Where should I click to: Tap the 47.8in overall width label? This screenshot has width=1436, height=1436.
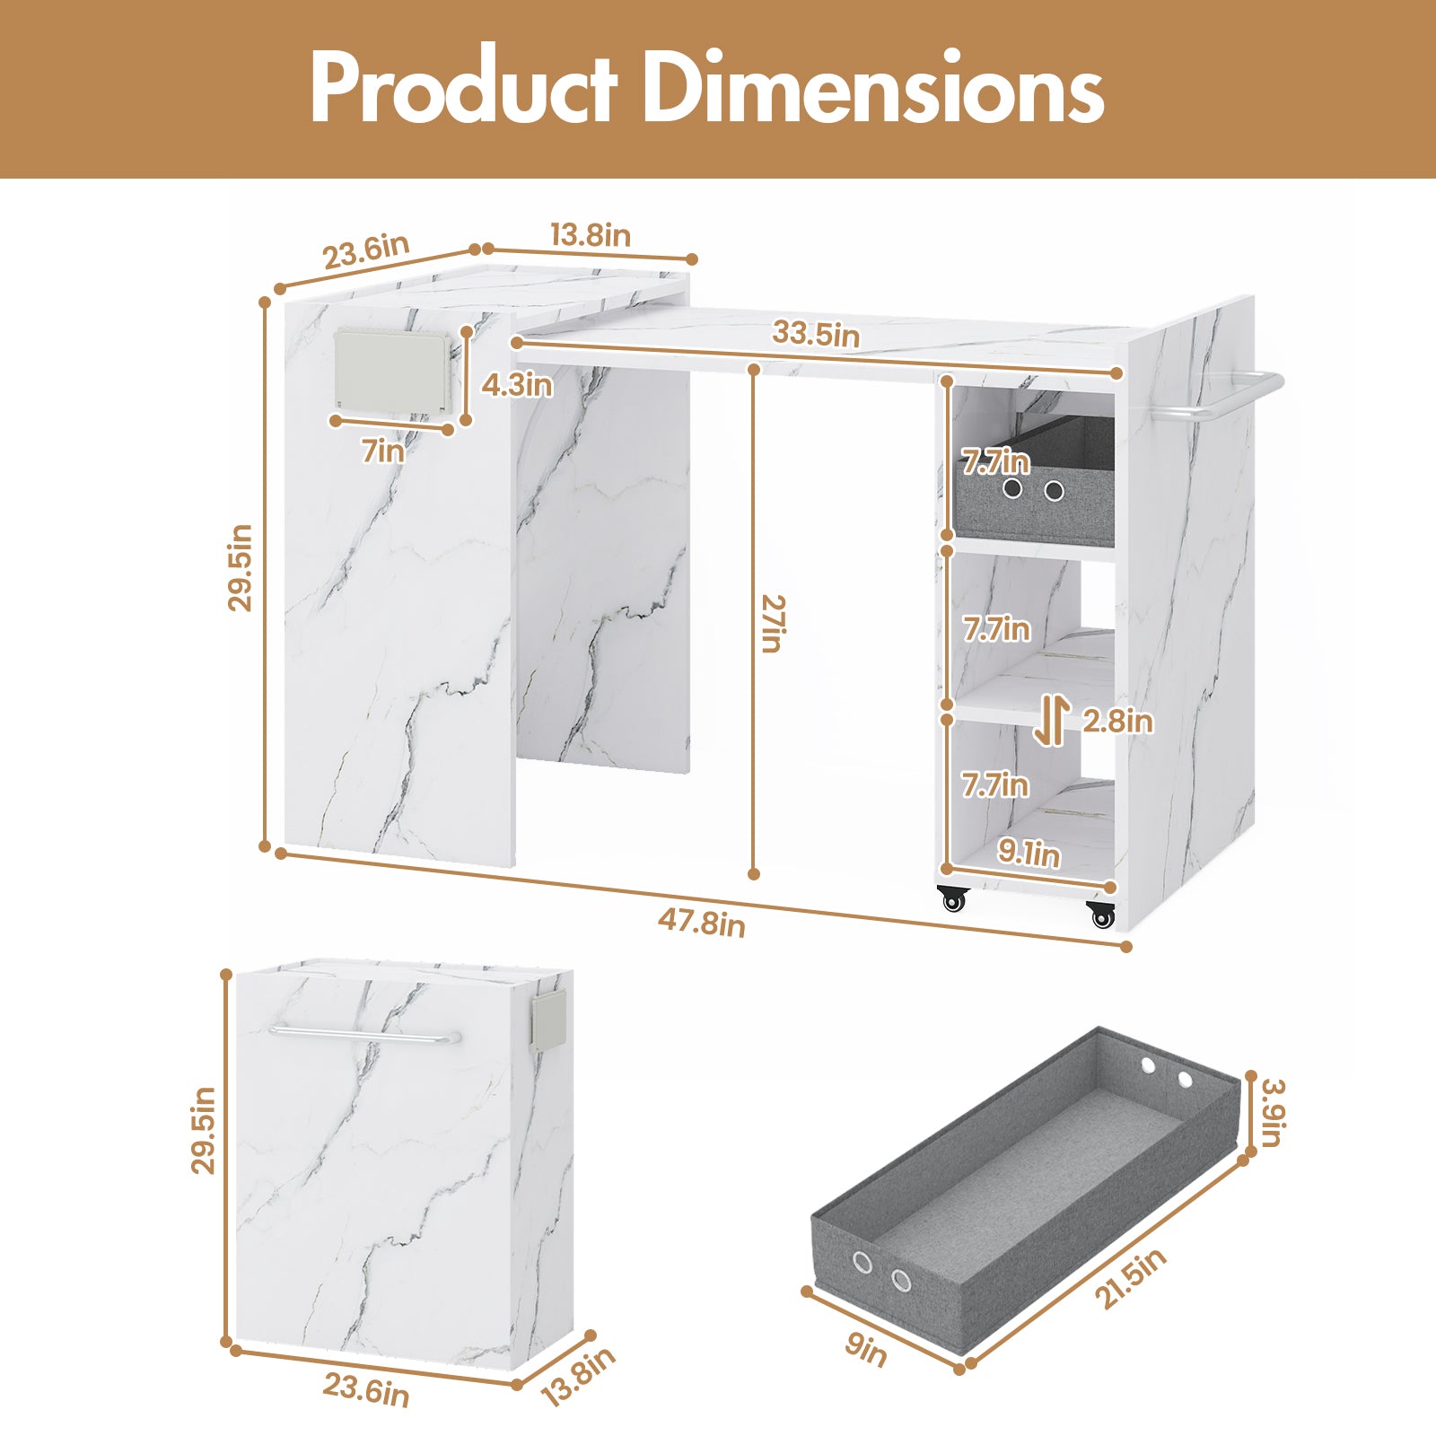pos(701,921)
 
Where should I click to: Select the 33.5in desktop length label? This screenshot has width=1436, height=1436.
pos(816,333)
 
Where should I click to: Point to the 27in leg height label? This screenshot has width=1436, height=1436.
pos(771,623)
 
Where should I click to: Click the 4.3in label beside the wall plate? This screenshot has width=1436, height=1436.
pos(517,385)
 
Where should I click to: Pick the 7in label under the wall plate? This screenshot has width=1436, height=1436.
pos(383,451)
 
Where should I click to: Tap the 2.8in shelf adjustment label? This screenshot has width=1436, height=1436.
pos(1117,721)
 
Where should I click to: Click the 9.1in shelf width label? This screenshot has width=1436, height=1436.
pos(1029,853)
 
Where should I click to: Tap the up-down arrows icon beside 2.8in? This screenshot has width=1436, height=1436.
pos(1051,722)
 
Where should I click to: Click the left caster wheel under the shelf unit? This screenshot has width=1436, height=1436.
pos(952,898)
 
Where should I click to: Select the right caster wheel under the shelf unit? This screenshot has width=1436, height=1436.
pos(1101,915)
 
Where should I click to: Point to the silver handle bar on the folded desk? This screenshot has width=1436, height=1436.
pos(364,1035)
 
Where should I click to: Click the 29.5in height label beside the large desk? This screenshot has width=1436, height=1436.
pos(240,568)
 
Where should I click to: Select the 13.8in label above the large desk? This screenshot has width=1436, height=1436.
pos(591,235)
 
